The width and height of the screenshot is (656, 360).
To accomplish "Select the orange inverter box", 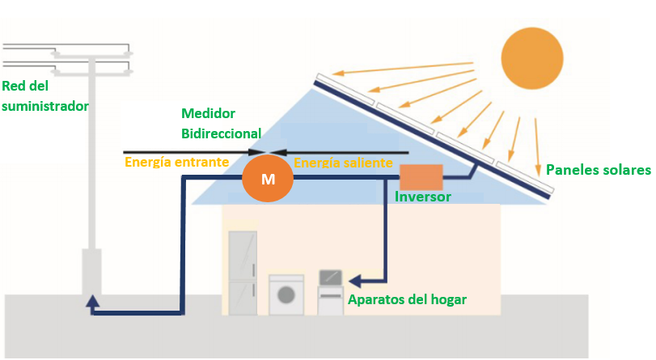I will coord(421,177).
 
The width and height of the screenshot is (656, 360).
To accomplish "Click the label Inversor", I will coord(423,197).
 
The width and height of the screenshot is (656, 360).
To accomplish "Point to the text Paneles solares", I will coord(598,170).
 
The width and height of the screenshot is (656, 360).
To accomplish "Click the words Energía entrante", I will coord(176,162).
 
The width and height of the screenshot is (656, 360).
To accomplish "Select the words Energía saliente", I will coord(343,163).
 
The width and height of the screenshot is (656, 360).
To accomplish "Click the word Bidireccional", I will coord(221,133).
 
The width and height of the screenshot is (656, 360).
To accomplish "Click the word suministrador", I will coord(44,106).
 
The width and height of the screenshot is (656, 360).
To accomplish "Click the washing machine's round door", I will coord(286,294).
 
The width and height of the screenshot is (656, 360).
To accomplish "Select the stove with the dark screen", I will coord(331,291).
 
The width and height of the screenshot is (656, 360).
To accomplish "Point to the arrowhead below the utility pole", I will coord(93,303).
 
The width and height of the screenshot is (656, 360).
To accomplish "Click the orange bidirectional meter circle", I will coord(269,178).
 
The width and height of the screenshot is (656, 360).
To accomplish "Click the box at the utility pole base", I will coord(92,272).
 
